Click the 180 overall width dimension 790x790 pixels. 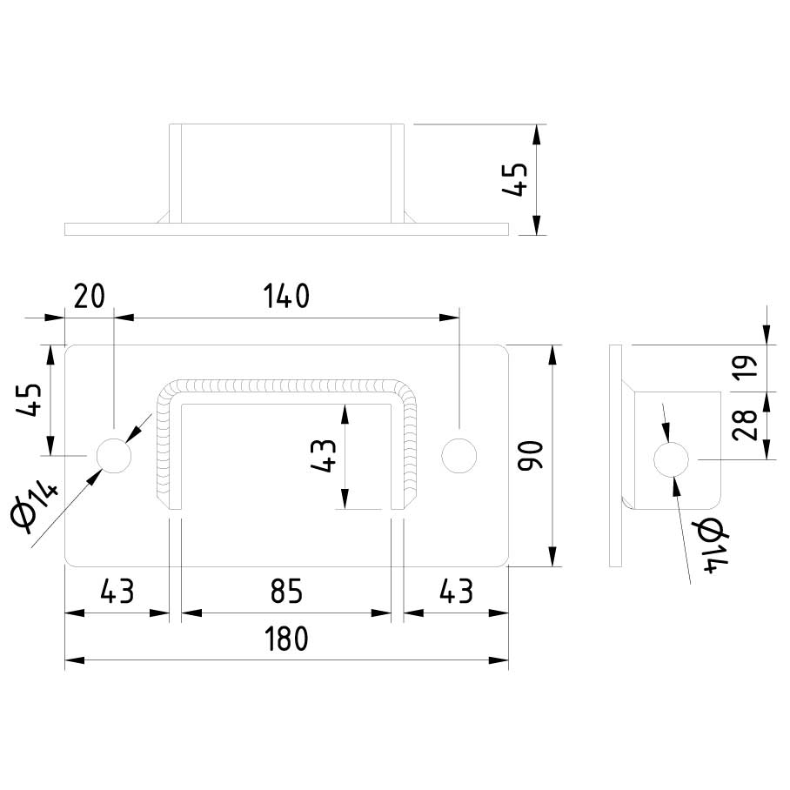287,639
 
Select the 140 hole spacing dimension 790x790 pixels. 287,297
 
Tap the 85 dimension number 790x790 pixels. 285,592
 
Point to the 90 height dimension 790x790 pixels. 529,455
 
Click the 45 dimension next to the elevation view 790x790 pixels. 516,180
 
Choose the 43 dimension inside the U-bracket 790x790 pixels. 324,455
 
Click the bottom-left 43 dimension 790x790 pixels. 117,592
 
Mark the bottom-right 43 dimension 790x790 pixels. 455,592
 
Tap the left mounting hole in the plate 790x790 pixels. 113,454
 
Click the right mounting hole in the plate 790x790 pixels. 459,454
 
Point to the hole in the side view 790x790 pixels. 671,459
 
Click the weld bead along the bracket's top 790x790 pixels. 287,385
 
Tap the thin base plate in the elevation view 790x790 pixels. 286,229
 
